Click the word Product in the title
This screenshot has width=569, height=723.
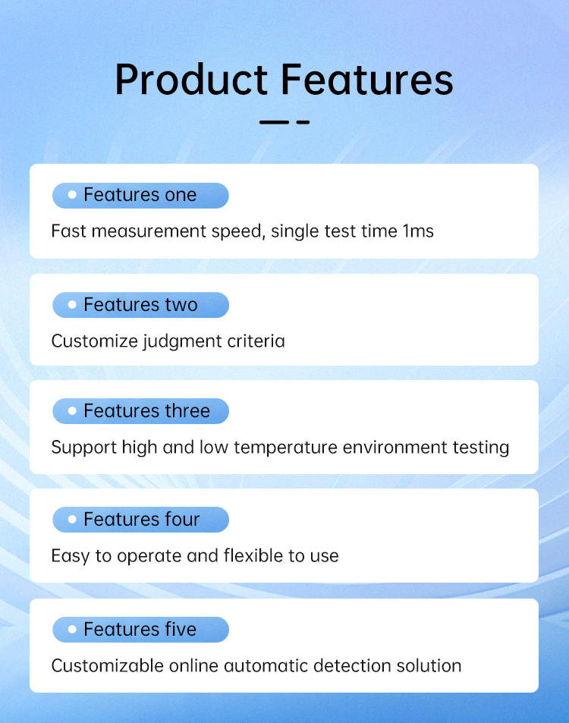(191, 80)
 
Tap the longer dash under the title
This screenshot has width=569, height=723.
(274, 122)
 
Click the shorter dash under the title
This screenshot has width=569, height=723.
(303, 122)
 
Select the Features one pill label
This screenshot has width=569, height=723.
(140, 195)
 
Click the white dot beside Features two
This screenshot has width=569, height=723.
(72, 304)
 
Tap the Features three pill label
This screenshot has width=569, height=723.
(140, 411)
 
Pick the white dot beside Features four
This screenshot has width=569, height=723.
(72, 519)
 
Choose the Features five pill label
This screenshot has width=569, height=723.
(140, 630)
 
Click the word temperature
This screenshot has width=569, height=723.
(285, 448)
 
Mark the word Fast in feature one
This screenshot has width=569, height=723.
(69, 231)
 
